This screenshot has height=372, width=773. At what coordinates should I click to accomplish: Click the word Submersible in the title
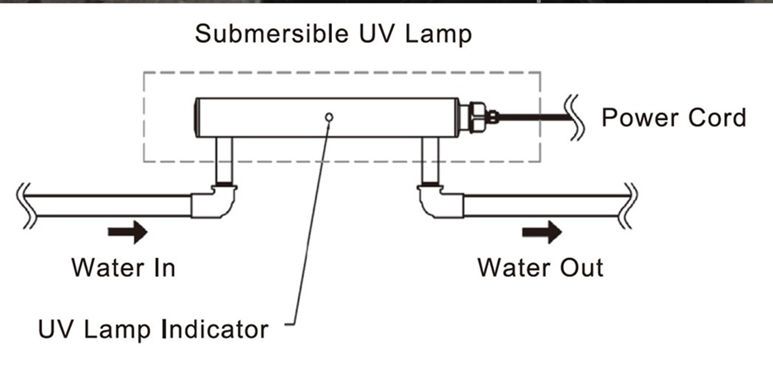[x=264, y=36]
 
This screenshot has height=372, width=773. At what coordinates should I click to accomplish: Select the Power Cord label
[x=673, y=117]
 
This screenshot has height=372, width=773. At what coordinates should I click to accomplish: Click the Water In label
[x=123, y=268]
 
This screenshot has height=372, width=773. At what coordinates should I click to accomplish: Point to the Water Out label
[x=540, y=268]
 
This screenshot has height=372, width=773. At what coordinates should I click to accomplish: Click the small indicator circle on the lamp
[x=329, y=117]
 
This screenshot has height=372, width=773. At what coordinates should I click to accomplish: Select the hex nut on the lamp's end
[x=477, y=117]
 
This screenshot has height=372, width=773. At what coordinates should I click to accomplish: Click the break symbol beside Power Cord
[x=576, y=117]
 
